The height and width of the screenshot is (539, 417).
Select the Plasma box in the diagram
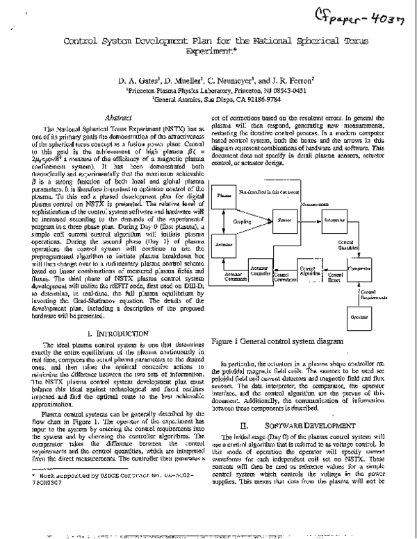(224, 196)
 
